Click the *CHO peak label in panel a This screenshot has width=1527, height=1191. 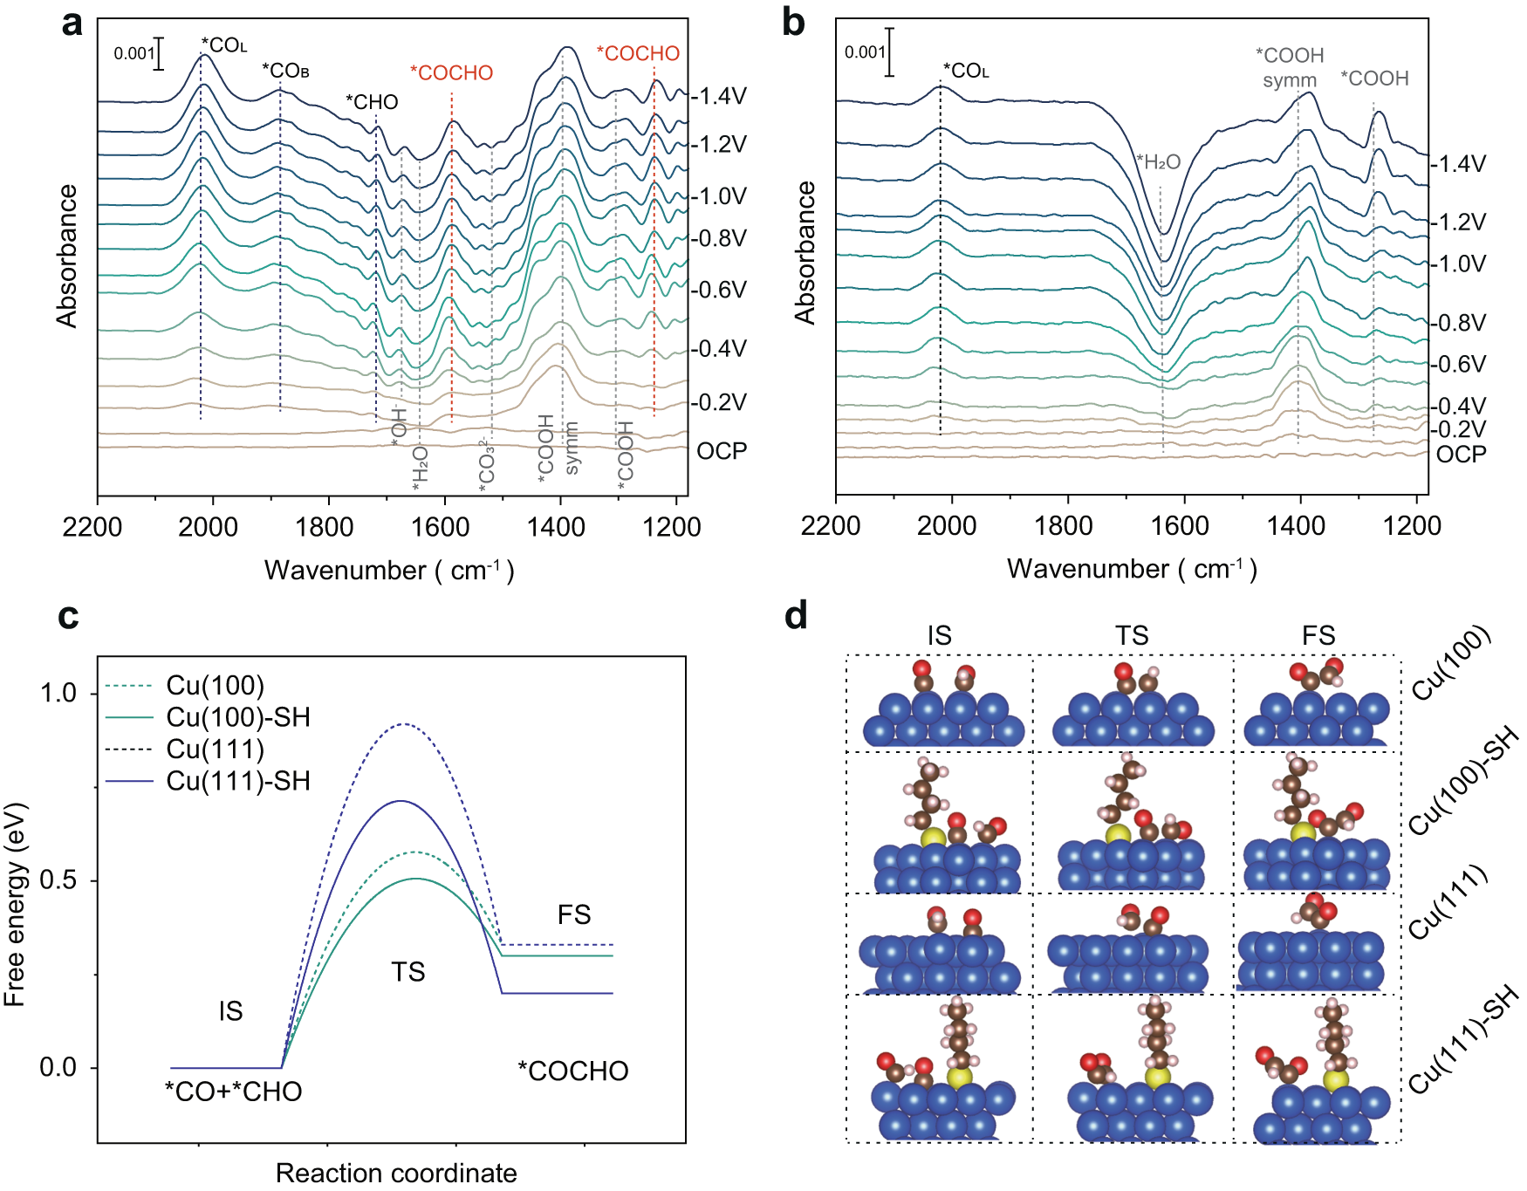[x=372, y=102]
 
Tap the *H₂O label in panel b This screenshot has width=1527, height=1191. [x=1159, y=161]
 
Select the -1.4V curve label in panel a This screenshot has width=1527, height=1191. [x=719, y=96]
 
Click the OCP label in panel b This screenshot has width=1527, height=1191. [x=1461, y=455]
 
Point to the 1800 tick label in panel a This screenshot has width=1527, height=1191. [x=325, y=527]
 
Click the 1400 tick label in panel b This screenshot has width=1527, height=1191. [x=1296, y=525]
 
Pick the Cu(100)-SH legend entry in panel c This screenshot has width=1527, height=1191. [x=238, y=717]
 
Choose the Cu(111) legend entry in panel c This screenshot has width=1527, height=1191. [x=215, y=749]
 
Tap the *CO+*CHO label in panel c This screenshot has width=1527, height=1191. [x=234, y=1092]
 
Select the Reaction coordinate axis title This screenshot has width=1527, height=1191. [x=396, y=1173]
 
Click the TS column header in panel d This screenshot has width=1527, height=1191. [x=1132, y=635]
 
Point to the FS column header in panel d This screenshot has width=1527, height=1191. [x=1318, y=635]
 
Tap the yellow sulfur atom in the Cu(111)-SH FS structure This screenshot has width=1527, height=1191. [x=1335, y=1080]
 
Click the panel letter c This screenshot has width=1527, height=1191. [x=68, y=616]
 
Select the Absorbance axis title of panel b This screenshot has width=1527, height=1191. [x=805, y=253]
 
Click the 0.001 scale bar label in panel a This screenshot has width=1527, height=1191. [x=134, y=53]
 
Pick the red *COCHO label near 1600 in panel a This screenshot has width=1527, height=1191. [x=451, y=73]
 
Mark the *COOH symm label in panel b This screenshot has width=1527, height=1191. [x=1290, y=67]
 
